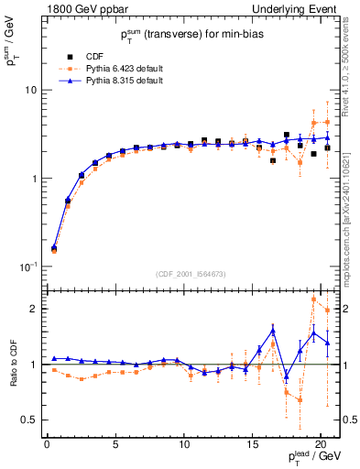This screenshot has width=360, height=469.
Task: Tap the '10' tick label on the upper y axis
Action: (x=29, y=91)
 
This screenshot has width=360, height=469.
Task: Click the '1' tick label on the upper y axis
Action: (x=33, y=179)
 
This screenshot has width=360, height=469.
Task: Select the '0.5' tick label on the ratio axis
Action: (x=28, y=420)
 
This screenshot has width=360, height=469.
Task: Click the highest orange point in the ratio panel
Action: (x=314, y=299)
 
